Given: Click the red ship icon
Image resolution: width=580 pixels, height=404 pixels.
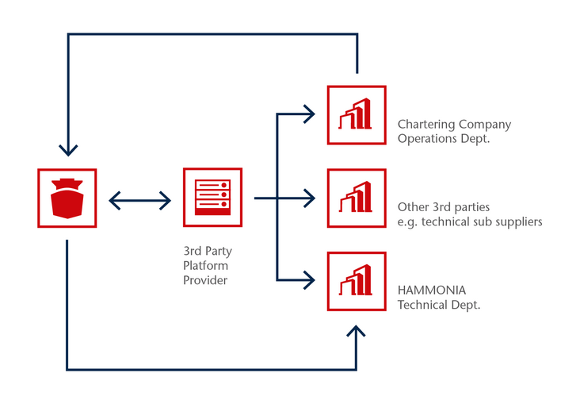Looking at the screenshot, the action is pos(67,198).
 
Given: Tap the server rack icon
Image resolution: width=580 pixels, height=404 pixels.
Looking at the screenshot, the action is pos(212,197).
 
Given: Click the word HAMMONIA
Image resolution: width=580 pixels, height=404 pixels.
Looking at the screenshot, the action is pos(432,290).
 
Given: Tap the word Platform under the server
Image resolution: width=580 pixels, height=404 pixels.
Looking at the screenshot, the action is pos(205,265).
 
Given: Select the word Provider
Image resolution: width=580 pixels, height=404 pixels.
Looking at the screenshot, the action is pos(205,280).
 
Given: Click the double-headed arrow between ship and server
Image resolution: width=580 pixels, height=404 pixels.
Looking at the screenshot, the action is pos(139,201).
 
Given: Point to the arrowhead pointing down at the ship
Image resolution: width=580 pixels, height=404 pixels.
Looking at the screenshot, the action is pos(68,151).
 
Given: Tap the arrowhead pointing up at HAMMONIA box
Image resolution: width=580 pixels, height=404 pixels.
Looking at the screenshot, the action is pos(356,331).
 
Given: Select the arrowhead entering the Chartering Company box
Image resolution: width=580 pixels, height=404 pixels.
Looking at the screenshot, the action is pos(309,114).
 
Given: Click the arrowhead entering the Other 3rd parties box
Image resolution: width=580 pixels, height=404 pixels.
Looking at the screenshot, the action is pos(309,198).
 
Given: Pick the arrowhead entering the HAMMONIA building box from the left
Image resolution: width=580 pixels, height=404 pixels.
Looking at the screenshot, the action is pos(309,280).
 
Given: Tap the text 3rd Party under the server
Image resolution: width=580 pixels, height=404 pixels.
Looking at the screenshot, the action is pos(208,251).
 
